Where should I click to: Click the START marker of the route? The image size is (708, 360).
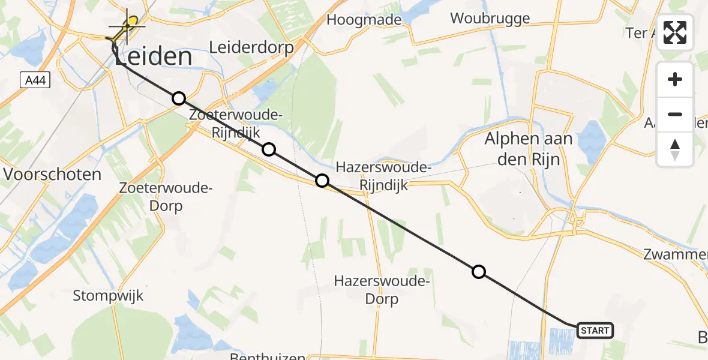pos(595,330)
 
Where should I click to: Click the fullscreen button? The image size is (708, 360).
pos(675,32)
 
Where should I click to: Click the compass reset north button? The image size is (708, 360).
pos(675,149)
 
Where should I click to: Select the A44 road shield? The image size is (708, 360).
pos(34,80)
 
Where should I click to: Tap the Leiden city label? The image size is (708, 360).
pos(154,58)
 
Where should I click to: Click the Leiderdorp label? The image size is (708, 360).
pos(251,47)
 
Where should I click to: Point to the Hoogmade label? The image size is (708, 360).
pos(364,20)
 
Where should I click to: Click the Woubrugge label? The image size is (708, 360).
pos(490,18)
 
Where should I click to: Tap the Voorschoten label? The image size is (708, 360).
pos(52,175)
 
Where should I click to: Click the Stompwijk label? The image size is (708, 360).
pos(108,295)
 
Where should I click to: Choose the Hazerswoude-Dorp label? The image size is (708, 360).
pos(382,290)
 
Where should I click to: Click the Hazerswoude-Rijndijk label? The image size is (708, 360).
pos(384,176)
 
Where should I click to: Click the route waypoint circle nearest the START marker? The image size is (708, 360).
pos(479,272)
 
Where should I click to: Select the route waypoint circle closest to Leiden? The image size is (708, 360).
pos(178,98)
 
